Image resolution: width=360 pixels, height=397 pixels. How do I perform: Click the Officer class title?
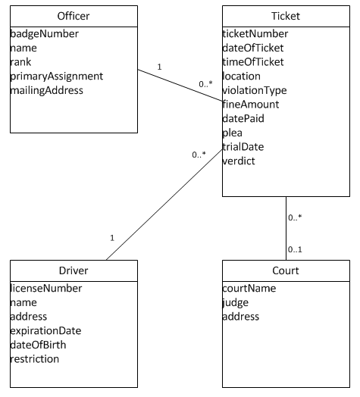click(x=73, y=17)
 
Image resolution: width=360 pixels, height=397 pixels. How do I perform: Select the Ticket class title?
click(x=285, y=17)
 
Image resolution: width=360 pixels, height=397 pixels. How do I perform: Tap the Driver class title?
click(x=73, y=271)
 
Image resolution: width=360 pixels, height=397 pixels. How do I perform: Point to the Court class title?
click(x=285, y=271)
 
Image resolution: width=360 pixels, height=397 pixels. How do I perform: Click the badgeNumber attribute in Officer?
click(x=44, y=33)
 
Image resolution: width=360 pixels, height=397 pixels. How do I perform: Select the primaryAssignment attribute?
click(x=56, y=76)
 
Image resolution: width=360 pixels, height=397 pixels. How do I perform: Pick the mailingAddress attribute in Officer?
click(x=47, y=90)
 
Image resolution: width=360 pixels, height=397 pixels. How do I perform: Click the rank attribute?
click(x=22, y=62)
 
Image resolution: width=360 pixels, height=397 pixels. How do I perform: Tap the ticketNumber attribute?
click(x=255, y=33)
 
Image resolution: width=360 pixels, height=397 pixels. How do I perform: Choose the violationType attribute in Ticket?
click(x=255, y=90)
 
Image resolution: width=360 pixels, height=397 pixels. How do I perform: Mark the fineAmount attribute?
click(x=251, y=104)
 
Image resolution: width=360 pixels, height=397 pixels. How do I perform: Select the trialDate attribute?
click(x=243, y=146)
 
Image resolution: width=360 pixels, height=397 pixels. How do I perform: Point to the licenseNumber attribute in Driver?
click(x=45, y=288)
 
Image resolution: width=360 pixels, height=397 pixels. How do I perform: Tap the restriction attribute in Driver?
click(x=35, y=359)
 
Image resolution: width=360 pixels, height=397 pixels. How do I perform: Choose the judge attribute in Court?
click(x=235, y=302)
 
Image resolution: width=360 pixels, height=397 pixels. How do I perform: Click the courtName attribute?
click(x=249, y=288)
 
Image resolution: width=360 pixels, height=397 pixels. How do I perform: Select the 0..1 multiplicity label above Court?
click(x=296, y=249)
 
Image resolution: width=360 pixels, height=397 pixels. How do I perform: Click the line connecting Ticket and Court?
click(x=285, y=227)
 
